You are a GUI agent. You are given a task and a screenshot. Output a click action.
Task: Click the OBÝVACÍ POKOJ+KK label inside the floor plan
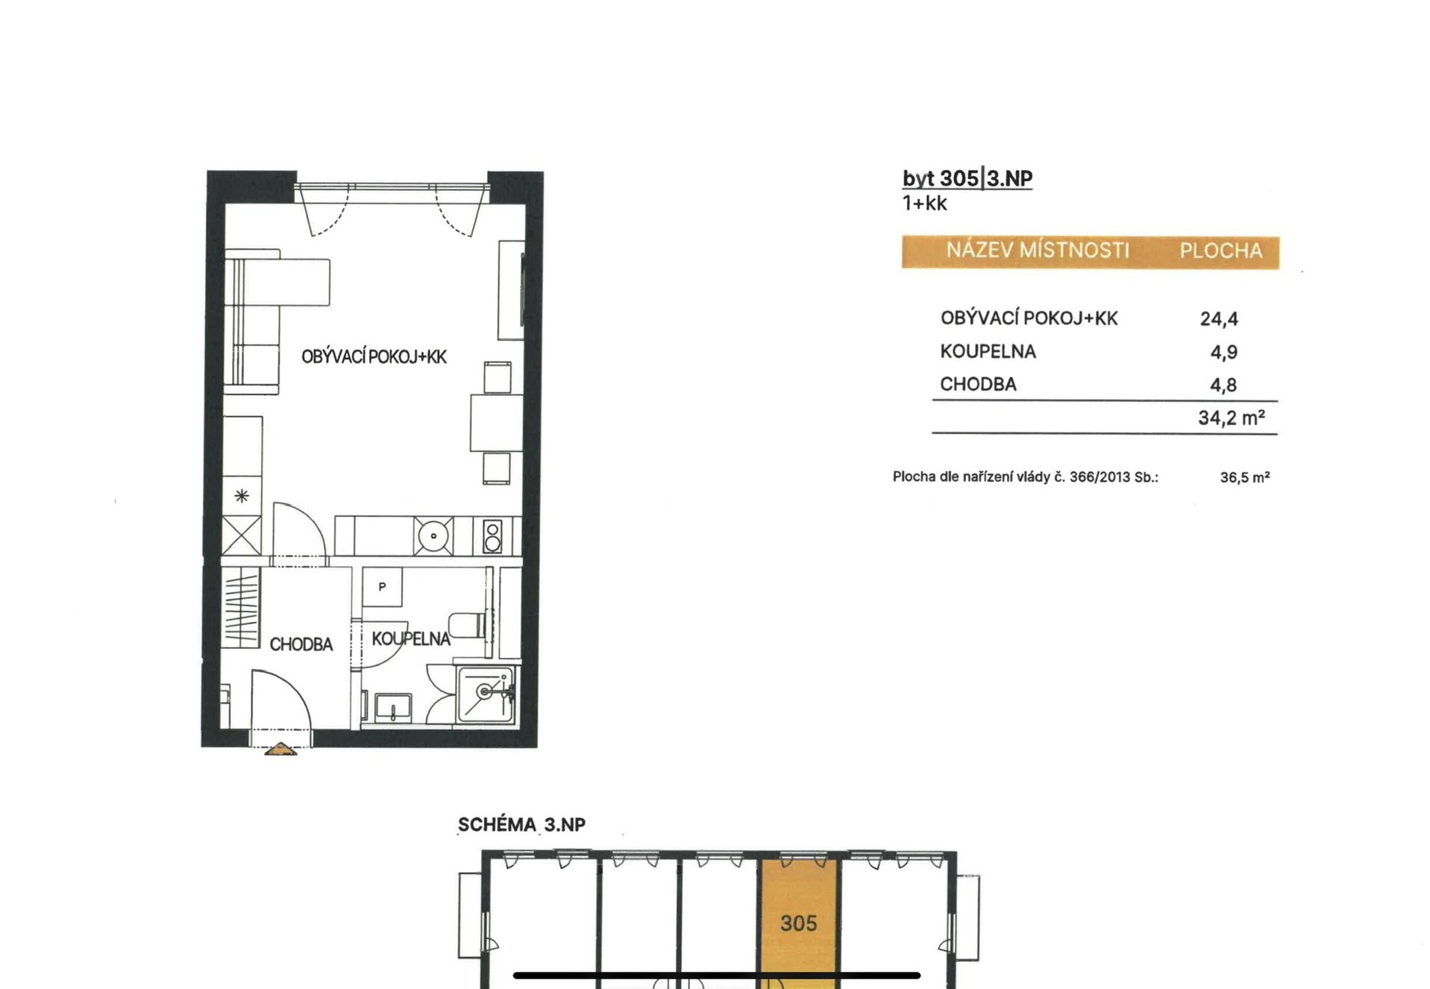(374, 357)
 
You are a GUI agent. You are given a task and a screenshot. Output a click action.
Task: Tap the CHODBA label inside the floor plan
(301, 644)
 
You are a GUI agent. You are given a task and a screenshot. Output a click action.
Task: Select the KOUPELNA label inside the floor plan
(411, 638)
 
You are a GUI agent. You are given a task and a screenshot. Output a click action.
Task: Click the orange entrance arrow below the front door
(280, 749)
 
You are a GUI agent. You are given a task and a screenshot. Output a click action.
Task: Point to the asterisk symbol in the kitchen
(242, 495)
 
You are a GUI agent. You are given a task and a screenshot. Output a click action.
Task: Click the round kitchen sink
(433, 536)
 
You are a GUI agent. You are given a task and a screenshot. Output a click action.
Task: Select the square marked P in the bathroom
(382, 586)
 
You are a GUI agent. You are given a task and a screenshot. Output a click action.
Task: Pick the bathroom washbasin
(392, 707)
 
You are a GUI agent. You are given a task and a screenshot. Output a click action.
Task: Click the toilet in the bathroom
(468, 625)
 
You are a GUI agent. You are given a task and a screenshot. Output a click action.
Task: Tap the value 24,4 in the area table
(1219, 319)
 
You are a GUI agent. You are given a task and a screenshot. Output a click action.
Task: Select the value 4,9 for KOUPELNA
(1223, 352)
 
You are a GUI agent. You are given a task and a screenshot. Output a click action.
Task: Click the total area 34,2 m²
(1232, 418)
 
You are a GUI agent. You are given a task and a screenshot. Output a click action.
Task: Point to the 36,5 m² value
(1245, 477)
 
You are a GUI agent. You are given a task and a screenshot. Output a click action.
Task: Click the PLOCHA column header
(1221, 251)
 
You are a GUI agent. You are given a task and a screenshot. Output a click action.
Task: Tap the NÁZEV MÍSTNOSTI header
(1038, 250)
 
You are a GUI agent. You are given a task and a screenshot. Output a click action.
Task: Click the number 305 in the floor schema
(798, 923)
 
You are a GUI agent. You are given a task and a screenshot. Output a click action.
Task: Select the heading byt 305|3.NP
(968, 179)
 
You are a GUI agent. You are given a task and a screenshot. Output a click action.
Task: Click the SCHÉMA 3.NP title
(521, 825)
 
